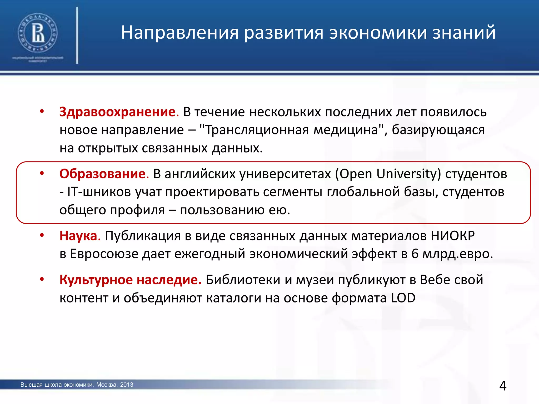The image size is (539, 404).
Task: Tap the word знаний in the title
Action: click(x=464, y=33)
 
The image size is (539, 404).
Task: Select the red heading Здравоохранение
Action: click(x=117, y=112)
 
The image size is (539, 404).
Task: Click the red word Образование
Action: click(x=103, y=174)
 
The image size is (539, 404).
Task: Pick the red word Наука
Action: click(x=78, y=236)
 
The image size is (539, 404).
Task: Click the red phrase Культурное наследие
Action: click(x=130, y=280)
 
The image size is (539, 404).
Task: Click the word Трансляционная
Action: click(x=257, y=130)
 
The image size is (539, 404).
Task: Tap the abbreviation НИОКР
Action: click(x=453, y=236)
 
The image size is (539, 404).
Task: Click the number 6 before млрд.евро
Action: click(x=415, y=254)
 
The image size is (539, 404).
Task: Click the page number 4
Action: click(x=503, y=386)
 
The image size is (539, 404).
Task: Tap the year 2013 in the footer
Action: click(x=127, y=385)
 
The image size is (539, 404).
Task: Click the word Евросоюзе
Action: click(x=104, y=254)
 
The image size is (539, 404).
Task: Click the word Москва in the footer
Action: click(x=106, y=385)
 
